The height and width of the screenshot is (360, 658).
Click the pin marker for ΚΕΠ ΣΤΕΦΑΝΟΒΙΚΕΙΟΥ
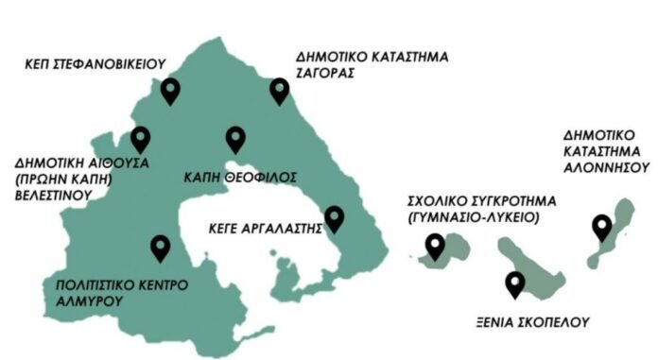point(170,91)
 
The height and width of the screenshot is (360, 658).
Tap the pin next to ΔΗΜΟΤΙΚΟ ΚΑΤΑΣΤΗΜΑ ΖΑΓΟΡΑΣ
point(279,90)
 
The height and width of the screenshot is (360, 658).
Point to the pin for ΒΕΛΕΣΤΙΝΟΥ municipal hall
point(141,139)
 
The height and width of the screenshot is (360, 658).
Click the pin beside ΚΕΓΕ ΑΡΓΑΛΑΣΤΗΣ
point(334,218)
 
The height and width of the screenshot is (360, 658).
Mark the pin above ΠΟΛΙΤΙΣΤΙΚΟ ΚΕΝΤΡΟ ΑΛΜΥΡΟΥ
point(161,248)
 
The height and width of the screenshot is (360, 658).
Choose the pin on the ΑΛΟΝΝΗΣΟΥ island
point(600,227)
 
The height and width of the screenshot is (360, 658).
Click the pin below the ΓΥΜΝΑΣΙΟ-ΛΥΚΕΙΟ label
point(435,247)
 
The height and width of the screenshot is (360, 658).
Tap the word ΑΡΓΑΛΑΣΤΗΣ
point(281,228)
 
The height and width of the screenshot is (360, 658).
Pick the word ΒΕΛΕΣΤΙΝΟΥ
point(53,197)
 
